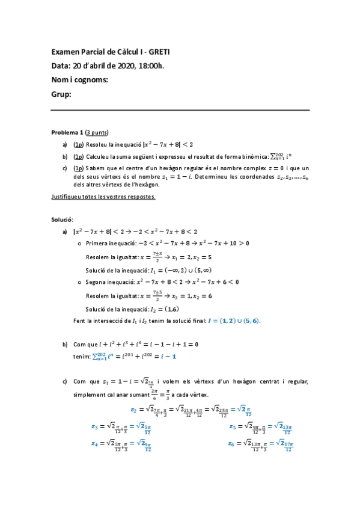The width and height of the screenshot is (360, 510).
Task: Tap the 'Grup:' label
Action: (x=61, y=94)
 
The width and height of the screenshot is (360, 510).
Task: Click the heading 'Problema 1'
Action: (x=67, y=132)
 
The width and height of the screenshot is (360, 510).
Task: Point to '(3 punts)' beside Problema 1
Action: (x=97, y=132)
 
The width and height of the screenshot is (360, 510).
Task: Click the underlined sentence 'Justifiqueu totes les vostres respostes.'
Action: (x=103, y=197)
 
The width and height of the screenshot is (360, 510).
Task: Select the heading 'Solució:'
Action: (x=63, y=220)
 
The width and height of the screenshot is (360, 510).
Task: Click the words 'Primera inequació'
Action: (x=110, y=244)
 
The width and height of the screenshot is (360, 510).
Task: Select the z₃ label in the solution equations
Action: (x=94, y=426)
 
